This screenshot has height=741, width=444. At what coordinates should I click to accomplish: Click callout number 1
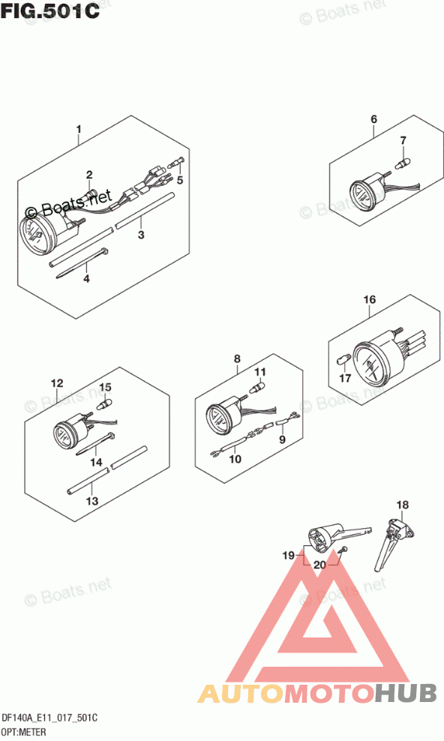[79, 129]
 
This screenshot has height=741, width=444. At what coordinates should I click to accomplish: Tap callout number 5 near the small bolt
[179, 180]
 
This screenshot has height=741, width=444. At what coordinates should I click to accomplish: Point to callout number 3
[141, 235]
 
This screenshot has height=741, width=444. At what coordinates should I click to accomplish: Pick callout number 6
[373, 119]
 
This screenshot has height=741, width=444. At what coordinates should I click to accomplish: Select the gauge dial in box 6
[362, 195]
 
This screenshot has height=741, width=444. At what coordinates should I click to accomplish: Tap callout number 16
[369, 299]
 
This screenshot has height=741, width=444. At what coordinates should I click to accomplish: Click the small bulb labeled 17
[343, 361]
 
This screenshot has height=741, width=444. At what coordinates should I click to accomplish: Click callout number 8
[237, 358]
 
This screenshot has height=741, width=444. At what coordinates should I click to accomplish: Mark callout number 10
[235, 458]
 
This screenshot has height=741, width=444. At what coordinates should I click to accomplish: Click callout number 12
[57, 382]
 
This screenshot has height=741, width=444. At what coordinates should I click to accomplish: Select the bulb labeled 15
[103, 404]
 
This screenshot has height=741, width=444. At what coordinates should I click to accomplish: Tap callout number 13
[92, 500]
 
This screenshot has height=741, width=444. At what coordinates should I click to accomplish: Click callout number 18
[403, 505]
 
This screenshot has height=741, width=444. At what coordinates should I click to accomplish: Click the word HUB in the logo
[406, 693]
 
